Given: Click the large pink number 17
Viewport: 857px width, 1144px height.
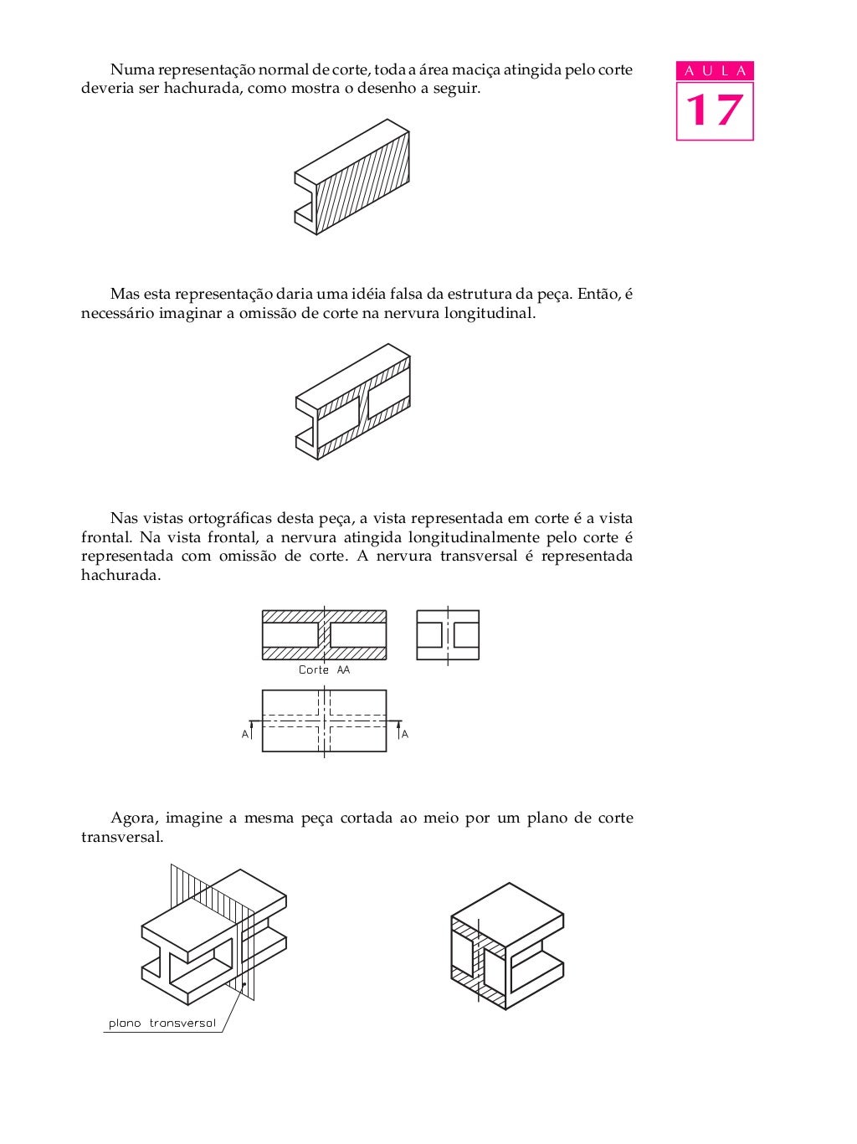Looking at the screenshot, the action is [714, 110].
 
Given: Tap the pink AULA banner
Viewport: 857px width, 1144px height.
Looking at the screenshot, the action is [715, 70].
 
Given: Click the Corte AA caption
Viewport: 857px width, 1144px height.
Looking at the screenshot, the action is [324, 670].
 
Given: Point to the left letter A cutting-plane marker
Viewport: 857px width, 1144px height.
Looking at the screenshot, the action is [245, 734].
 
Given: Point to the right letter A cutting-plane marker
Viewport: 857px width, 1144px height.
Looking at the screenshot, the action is [405, 734].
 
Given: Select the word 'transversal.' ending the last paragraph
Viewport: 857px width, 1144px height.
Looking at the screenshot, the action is [122, 838].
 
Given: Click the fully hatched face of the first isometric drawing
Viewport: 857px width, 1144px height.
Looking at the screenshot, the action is [362, 182].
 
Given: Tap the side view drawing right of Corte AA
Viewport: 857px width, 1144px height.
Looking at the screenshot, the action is [448, 635].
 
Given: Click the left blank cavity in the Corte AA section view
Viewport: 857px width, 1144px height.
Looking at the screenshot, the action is [290, 635].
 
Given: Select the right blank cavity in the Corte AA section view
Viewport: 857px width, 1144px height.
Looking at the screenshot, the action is [358, 635].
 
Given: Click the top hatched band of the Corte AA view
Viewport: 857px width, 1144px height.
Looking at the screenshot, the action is [324, 617].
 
